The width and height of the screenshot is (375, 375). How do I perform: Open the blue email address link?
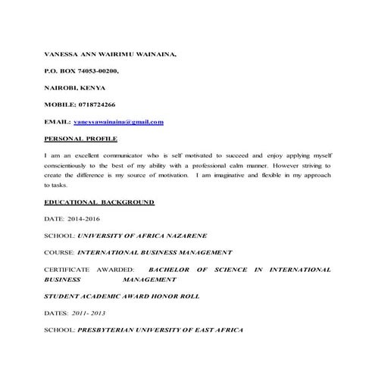(x=118, y=121)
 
